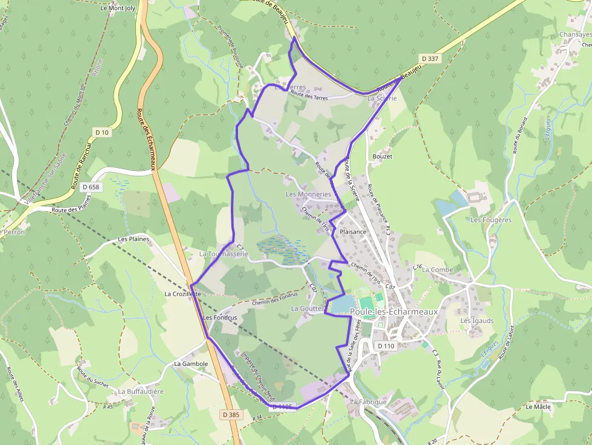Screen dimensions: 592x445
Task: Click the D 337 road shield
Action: (430, 59)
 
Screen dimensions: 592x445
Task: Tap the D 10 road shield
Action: (101, 132)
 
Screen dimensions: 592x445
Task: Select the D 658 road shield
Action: (91, 187)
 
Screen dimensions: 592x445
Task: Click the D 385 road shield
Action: (231, 415)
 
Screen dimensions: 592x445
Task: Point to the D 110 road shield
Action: (385, 346)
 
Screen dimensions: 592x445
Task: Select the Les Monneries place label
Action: (308, 194)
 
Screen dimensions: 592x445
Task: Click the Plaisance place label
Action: (353, 232)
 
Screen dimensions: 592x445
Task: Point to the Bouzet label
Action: (382, 156)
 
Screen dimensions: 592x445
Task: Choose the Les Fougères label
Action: (491, 220)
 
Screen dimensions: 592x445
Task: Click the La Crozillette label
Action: (182, 293)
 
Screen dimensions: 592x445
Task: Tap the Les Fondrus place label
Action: (220, 317)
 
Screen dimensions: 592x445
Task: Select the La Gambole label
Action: (191, 364)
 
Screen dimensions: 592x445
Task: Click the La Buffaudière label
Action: (141, 391)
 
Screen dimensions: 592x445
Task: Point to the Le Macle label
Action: (538, 407)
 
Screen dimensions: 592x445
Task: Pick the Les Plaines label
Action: (134, 239)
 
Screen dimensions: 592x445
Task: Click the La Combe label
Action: (437, 269)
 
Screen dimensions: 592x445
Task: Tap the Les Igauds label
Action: (477, 321)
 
